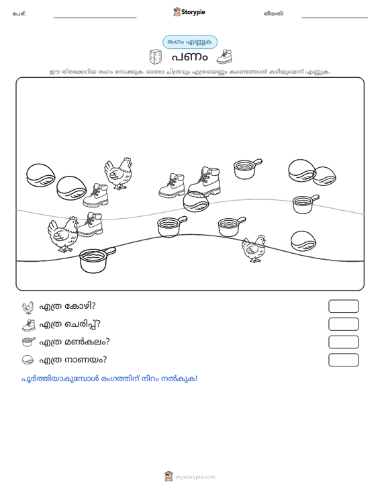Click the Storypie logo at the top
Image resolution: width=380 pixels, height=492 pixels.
189,12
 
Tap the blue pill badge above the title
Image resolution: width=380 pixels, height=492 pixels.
190,42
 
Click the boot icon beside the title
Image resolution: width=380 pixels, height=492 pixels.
224,56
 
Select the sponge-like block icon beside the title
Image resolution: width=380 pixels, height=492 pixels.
155,57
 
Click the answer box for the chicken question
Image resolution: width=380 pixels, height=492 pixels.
343,306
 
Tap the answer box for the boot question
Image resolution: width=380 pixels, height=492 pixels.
343,324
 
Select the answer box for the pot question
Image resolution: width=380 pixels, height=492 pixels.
343,342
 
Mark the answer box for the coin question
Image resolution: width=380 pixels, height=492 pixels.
343,360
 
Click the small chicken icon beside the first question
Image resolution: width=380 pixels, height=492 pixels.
28,307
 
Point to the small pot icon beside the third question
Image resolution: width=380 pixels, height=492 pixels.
29,342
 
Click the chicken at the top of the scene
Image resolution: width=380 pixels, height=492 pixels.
118,174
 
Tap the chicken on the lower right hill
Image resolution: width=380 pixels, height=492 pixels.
254,249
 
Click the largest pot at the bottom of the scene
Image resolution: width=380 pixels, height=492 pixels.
97,260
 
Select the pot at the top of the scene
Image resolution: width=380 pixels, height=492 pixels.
247,169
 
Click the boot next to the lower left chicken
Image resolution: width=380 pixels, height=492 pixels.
90,224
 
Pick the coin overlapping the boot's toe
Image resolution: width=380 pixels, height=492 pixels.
196,201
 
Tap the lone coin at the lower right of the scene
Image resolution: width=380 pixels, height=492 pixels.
303,241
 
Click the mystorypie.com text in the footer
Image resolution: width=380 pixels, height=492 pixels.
195,477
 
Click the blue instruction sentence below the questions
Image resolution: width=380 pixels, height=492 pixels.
109,379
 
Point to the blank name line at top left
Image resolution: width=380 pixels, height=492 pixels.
95,17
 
